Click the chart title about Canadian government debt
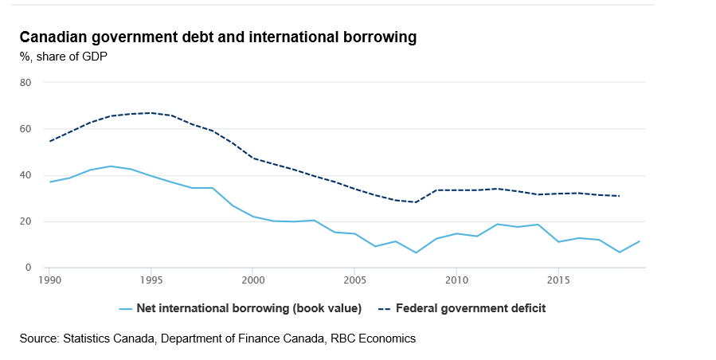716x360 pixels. pos(217,37)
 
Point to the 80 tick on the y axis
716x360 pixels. pos(25,82)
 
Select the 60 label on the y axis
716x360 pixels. pos(25,128)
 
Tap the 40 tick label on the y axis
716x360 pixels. pos(25,175)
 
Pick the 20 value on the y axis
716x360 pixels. pos(25,221)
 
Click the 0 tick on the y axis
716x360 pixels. pos(28,268)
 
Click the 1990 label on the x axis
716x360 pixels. pos(49,280)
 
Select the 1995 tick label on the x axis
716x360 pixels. pos(151,280)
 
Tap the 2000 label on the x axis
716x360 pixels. pos(252,280)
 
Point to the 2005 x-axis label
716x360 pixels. pos(354,280)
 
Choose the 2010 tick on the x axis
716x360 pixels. pos(456,280)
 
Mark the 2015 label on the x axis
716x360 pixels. pos(558,280)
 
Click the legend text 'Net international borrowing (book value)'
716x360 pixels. pos(249,308)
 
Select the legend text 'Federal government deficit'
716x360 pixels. pos(471,308)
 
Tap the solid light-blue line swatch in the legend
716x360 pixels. pos(125,308)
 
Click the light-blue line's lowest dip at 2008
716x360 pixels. pos(416,252)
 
